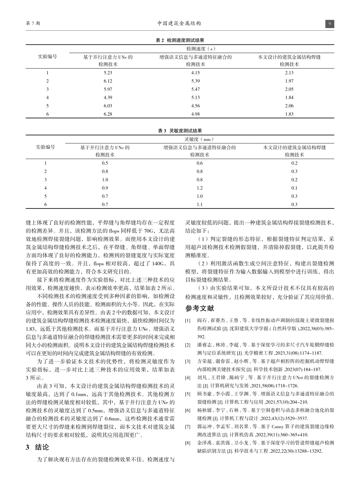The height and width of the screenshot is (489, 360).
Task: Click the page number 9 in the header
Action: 330,24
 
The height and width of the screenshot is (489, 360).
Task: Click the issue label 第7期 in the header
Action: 33,24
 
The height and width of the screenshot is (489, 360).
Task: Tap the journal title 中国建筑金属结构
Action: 179,24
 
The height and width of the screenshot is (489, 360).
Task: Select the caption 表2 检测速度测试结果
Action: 180,40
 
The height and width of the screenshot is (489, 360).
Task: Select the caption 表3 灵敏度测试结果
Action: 180,131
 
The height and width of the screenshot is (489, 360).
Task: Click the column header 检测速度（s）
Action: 200,49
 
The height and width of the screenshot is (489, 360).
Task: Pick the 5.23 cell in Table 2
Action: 108,73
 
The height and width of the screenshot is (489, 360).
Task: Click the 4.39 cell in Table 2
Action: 108,97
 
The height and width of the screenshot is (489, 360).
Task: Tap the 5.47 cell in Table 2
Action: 196,89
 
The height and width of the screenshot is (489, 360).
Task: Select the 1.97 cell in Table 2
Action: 289,81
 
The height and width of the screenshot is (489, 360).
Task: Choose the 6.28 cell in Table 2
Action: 108,113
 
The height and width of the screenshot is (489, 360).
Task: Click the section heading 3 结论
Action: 37,447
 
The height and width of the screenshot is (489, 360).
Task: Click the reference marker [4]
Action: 188,367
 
